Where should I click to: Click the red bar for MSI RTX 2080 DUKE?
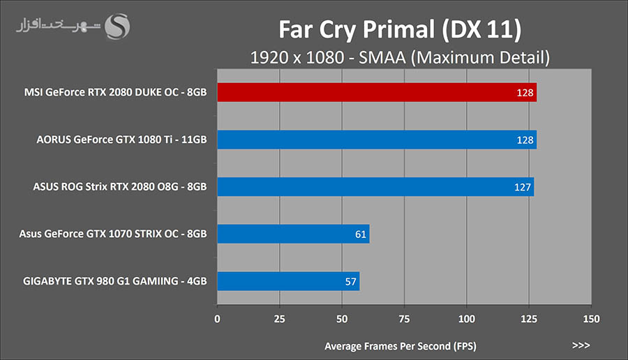[x=377, y=93]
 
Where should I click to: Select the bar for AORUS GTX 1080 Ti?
[x=377, y=140]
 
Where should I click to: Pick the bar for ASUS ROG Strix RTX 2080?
[x=375, y=187]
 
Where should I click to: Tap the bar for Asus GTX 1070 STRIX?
[x=293, y=234]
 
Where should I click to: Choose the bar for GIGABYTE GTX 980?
[x=288, y=282]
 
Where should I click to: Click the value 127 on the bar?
[x=524, y=187]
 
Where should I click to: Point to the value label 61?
[x=361, y=234]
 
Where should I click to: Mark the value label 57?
[x=351, y=282]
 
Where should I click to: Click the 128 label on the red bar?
[x=527, y=93]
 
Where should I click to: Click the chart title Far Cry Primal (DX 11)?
[x=400, y=30]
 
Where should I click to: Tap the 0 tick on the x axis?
[x=218, y=319]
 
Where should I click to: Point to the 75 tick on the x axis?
[x=405, y=319]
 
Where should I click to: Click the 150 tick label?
[x=592, y=319]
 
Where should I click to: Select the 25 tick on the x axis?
[x=280, y=319]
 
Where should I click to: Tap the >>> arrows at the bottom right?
[x=581, y=345]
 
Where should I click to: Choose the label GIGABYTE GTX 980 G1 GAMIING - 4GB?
[x=114, y=282]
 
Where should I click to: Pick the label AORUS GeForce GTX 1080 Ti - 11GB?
[x=121, y=140]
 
